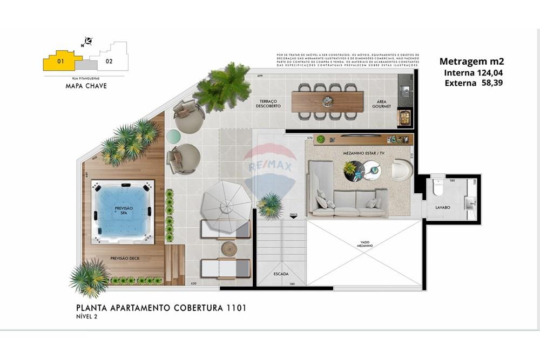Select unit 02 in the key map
pyautogui.click(x=110, y=61)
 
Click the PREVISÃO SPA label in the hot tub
pyautogui.click(x=124, y=210)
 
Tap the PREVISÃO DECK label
pyautogui.click(x=125, y=259)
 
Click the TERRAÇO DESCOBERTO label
pyautogui.click(x=269, y=104)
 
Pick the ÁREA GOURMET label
pyautogui.click(x=381, y=104)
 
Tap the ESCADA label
pyautogui.click(x=281, y=274)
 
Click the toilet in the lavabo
pyautogui.click(x=438, y=189)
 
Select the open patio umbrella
pyautogui.click(x=226, y=200)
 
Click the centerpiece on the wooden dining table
pyautogui.click(x=327, y=101)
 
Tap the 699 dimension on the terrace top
pyautogui.click(x=260, y=76)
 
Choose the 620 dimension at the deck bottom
pyautogui.click(x=194, y=283)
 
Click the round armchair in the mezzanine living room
pyautogui.click(x=402, y=170)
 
